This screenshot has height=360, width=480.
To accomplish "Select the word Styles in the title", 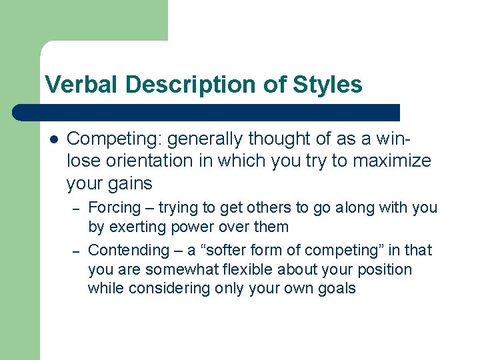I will pos(327,85).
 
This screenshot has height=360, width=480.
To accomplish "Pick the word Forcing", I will pos(115,207).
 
